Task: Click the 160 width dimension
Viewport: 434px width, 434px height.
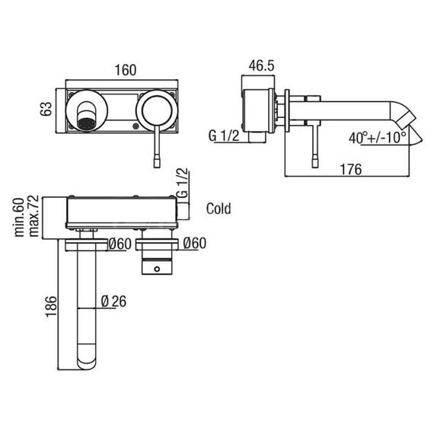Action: click(x=126, y=70)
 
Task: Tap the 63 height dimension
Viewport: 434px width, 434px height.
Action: click(x=46, y=109)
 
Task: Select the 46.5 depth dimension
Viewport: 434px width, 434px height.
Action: click(x=261, y=65)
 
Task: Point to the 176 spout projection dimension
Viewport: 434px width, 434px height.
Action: click(x=351, y=169)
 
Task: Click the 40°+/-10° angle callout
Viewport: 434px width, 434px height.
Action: click(x=377, y=138)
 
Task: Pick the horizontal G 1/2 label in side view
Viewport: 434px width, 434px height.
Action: click(x=223, y=136)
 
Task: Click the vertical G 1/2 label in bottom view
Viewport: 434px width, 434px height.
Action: click(x=182, y=183)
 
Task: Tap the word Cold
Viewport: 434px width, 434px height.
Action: click(x=219, y=209)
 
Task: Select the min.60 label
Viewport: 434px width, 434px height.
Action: click(x=20, y=217)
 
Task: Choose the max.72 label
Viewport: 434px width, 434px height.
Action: click(x=34, y=216)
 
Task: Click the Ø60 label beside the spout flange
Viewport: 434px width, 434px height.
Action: click(x=120, y=244)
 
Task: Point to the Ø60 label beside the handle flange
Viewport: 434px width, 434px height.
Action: click(x=195, y=244)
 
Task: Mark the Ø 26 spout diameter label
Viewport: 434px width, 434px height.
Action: click(x=113, y=302)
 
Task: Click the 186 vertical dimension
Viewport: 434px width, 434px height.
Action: click(x=51, y=306)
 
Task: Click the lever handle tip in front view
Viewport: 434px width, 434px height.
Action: click(x=157, y=161)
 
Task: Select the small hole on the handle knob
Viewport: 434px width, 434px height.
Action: click(x=157, y=269)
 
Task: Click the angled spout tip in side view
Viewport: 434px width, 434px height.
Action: click(x=406, y=117)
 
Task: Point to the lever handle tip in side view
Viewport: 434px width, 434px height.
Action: click(x=315, y=161)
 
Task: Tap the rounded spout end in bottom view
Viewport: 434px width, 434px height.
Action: click(x=87, y=360)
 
